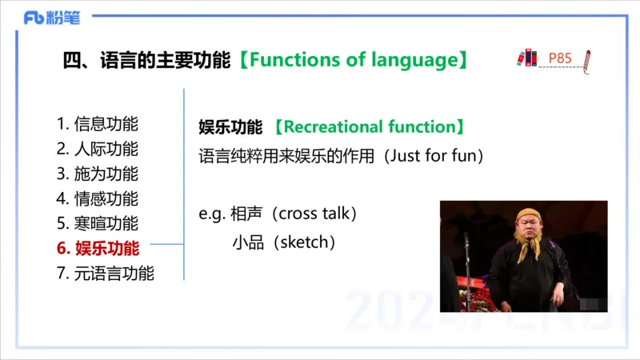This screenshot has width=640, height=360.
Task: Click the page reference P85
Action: [x=560, y=58]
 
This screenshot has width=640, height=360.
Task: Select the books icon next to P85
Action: [x=526, y=58]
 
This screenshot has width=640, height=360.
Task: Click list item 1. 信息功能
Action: [x=98, y=124]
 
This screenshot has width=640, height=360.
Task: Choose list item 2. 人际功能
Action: [x=98, y=149]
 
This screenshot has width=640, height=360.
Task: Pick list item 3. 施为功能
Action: [x=98, y=174]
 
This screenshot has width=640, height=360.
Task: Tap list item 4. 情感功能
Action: [x=98, y=198]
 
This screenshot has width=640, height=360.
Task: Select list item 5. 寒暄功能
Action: [x=98, y=223]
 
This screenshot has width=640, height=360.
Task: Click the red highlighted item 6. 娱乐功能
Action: [x=98, y=248]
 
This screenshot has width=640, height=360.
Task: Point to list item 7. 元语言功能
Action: [x=106, y=273]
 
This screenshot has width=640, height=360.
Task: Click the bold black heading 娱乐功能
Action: [x=230, y=127]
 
